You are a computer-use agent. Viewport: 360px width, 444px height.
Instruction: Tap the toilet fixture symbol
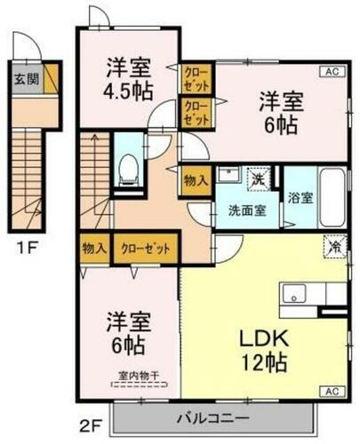coord(128,168)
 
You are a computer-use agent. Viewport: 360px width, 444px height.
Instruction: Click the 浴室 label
coord(299,197)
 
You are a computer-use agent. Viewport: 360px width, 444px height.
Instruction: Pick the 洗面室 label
coord(246,210)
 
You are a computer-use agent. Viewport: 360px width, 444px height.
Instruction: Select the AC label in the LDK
coord(332,391)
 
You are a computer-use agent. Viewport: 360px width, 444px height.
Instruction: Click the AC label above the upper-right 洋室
coord(332,72)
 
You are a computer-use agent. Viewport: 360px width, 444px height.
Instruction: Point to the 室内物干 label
coord(140,377)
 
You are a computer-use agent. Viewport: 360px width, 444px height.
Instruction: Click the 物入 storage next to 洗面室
coord(196,179)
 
